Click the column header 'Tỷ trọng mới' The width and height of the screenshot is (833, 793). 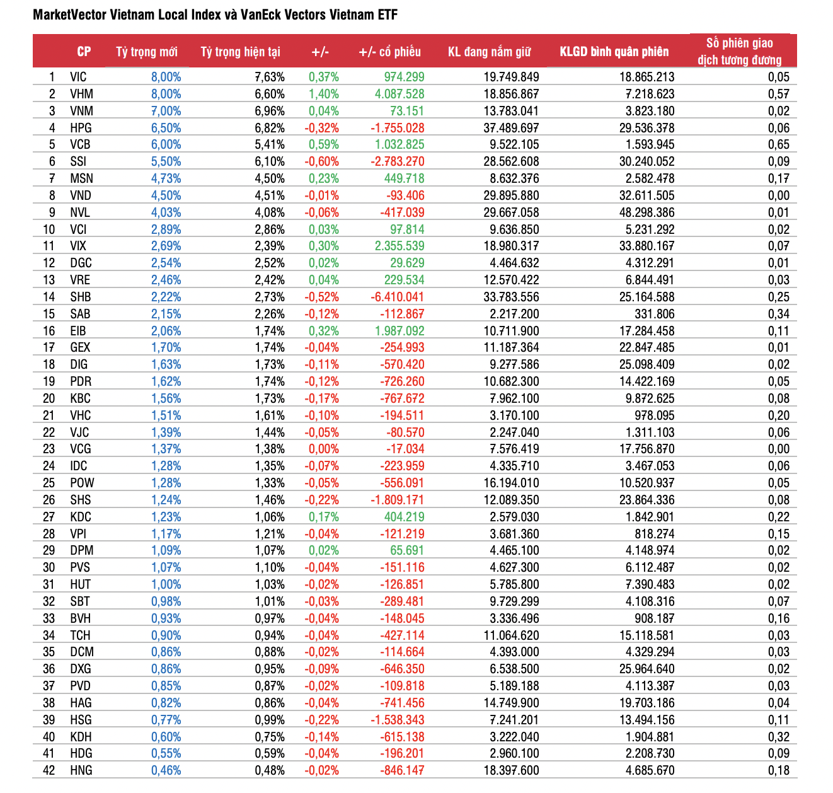pyautogui.click(x=146, y=52)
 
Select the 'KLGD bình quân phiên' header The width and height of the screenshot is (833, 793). pyautogui.click(x=614, y=52)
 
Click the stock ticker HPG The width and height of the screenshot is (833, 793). pyautogui.click(x=81, y=128)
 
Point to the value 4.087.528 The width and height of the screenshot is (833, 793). pyautogui.click(x=399, y=94)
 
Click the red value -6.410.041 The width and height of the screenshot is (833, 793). pyautogui.click(x=397, y=297)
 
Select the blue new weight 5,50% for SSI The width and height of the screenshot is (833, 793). pyautogui.click(x=166, y=161)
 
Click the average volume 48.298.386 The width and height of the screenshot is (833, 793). pyautogui.click(x=646, y=212)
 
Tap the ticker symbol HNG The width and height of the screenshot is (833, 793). pyautogui.click(x=81, y=770)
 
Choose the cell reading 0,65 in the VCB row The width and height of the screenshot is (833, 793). pyautogui.click(x=778, y=144)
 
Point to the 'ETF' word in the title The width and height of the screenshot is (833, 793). pyautogui.click(x=388, y=14)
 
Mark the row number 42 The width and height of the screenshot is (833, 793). pyautogui.click(x=49, y=770)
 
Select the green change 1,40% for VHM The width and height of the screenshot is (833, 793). pyautogui.click(x=323, y=94)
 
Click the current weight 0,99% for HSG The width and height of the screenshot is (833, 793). pyautogui.click(x=270, y=720)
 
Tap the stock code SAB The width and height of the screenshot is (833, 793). pyautogui.click(x=80, y=314)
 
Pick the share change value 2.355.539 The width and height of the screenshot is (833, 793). pyautogui.click(x=399, y=246)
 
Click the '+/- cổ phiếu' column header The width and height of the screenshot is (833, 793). pyautogui.click(x=389, y=52)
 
